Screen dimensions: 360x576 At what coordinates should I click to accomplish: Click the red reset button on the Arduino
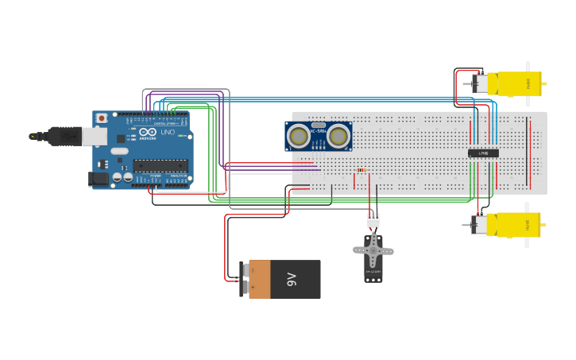point(101,118)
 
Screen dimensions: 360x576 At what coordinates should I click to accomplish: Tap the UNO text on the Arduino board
point(168,132)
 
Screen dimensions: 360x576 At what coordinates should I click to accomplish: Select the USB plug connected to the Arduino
point(68,136)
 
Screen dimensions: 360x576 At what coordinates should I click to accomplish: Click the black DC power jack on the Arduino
point(99,180)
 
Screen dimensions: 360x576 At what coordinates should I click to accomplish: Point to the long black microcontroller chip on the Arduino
point(160,165)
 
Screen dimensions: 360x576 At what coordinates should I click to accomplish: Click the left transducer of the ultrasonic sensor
point(299,137)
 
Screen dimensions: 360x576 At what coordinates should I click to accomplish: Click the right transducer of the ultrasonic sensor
point(338,137)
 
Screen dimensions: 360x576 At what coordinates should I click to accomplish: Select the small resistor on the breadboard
point(362,169)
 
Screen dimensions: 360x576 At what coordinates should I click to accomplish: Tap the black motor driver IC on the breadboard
point(483,153)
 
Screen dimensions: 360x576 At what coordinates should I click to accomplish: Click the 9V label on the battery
point(292,279)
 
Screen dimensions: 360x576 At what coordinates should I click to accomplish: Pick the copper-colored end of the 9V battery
point(259,279)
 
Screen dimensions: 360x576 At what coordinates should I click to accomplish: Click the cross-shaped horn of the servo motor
point(373,251)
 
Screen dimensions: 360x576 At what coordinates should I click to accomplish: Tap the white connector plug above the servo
point(373,220)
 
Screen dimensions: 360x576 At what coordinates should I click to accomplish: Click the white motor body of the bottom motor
point(479,225)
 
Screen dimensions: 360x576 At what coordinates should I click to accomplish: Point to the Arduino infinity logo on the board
point(149,132)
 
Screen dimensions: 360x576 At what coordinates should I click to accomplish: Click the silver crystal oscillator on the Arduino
point(119,150)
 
